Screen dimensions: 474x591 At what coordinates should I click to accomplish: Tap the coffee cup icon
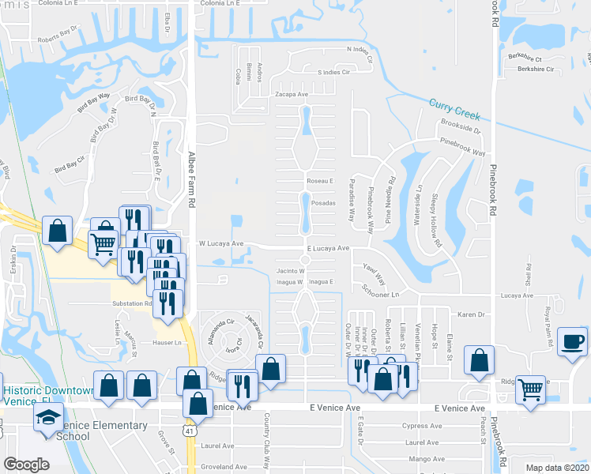point(573,343)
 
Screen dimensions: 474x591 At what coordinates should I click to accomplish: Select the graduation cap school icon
point(48,419)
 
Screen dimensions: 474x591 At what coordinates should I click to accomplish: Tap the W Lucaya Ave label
point(220,244)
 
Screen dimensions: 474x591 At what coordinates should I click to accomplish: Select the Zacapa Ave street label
point(291,93)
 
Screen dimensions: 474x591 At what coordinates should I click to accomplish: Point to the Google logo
point(27,465)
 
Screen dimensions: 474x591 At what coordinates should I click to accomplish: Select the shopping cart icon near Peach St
point(530,389)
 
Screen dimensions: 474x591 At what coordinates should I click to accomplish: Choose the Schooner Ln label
point(386,291)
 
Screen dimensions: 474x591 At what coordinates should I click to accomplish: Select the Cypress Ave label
point(419,425)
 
